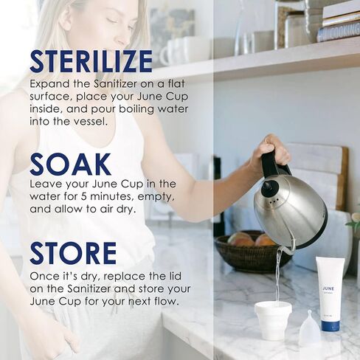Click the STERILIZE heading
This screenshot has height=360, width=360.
coord(91,61)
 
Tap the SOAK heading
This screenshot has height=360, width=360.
coord(70,164)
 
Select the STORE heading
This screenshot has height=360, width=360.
coord(73,253)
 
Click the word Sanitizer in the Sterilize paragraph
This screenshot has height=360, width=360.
coord(115,84)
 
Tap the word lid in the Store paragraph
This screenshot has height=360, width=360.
coord(174,276)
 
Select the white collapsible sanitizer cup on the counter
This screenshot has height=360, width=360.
coord(273,320)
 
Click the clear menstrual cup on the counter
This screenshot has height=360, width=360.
coord(310,327)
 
